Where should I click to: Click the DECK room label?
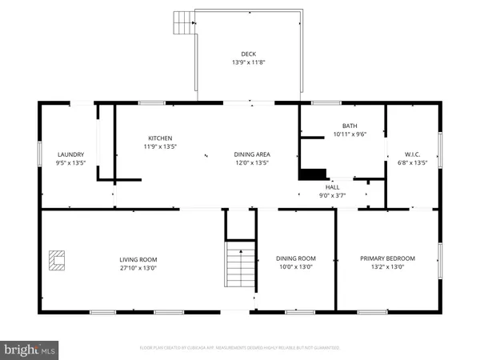click(248, 54)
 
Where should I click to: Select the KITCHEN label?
click(158, 138)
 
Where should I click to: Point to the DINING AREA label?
click(250, 154)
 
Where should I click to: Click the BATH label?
click(350, 126)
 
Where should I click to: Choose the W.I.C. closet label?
click(412, 154)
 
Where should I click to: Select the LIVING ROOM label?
click(138, 259)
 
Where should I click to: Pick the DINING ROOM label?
click(296, 258)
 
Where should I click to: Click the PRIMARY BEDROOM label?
click(388, 258)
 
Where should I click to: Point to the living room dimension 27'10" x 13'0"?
click(138, 268)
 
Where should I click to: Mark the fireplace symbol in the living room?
click(56, 260)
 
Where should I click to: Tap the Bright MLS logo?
click(30, 349)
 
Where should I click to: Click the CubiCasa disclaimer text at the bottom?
click(240, 348)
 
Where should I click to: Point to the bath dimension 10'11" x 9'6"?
click(350, 134)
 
